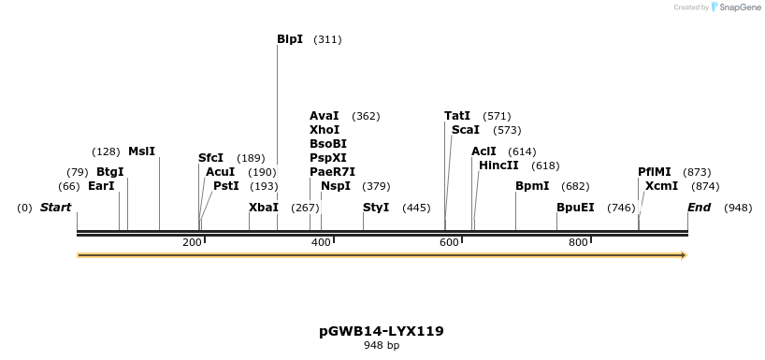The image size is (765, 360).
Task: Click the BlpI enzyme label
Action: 290,39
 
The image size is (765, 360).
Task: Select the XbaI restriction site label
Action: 263,208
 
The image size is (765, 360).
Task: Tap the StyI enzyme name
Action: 376,208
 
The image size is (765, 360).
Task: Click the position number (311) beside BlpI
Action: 327,39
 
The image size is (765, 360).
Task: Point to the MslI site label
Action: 141,151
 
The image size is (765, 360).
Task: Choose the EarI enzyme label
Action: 101,186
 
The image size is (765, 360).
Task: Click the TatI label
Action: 457,116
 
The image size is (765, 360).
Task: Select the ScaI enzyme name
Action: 465,130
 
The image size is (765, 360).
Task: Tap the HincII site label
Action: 498,166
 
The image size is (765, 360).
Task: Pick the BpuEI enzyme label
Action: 575,208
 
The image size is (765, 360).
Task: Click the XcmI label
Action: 661,186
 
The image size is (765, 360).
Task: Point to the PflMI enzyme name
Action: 655,172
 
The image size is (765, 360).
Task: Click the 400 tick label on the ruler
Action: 321,243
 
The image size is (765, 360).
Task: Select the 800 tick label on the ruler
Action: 578,243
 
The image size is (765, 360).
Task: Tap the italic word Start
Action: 55,208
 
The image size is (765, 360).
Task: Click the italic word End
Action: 700,208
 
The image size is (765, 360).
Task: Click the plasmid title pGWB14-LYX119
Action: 382,331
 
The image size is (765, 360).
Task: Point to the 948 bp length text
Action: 382,346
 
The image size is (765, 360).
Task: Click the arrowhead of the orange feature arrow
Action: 684,254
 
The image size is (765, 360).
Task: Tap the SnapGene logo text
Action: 739,7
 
